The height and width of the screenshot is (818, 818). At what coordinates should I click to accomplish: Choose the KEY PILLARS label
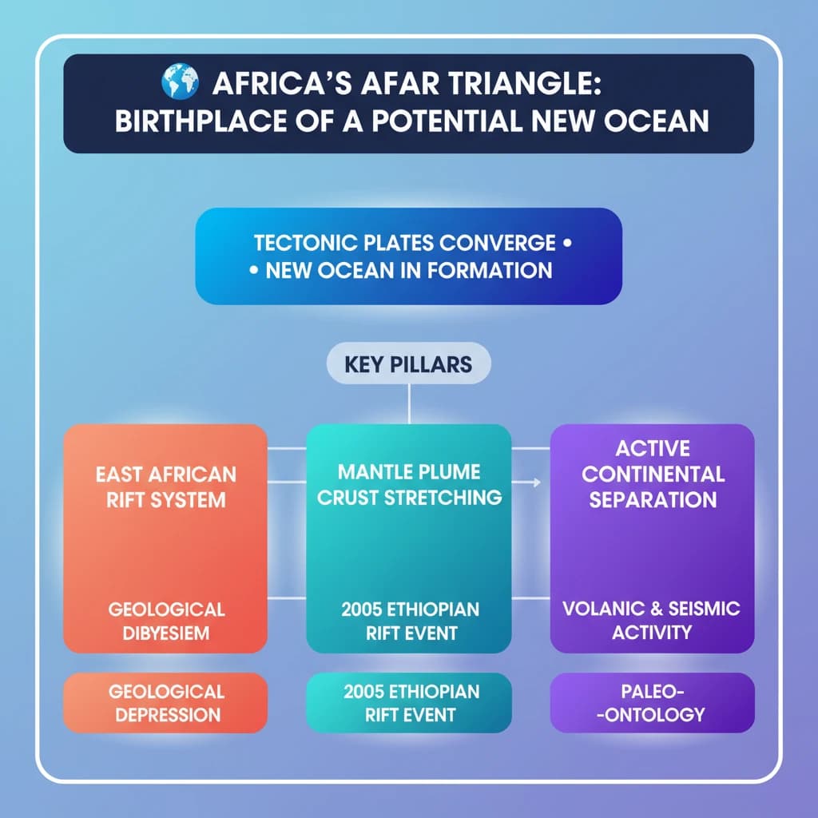408,364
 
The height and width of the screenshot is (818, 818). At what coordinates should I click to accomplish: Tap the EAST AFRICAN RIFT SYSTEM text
165,486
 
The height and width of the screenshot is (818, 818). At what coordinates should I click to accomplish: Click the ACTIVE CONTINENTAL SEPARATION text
653,474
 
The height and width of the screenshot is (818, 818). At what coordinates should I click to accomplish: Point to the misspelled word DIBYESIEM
165,633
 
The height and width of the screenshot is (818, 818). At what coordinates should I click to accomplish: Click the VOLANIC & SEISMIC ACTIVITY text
651,621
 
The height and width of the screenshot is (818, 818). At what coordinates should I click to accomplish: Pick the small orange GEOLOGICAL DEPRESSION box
165,703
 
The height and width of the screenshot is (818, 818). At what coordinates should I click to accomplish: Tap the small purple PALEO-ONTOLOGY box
652,703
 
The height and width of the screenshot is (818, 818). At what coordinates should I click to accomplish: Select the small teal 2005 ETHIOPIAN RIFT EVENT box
409,703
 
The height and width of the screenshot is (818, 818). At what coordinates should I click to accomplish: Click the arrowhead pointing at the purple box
536,482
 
